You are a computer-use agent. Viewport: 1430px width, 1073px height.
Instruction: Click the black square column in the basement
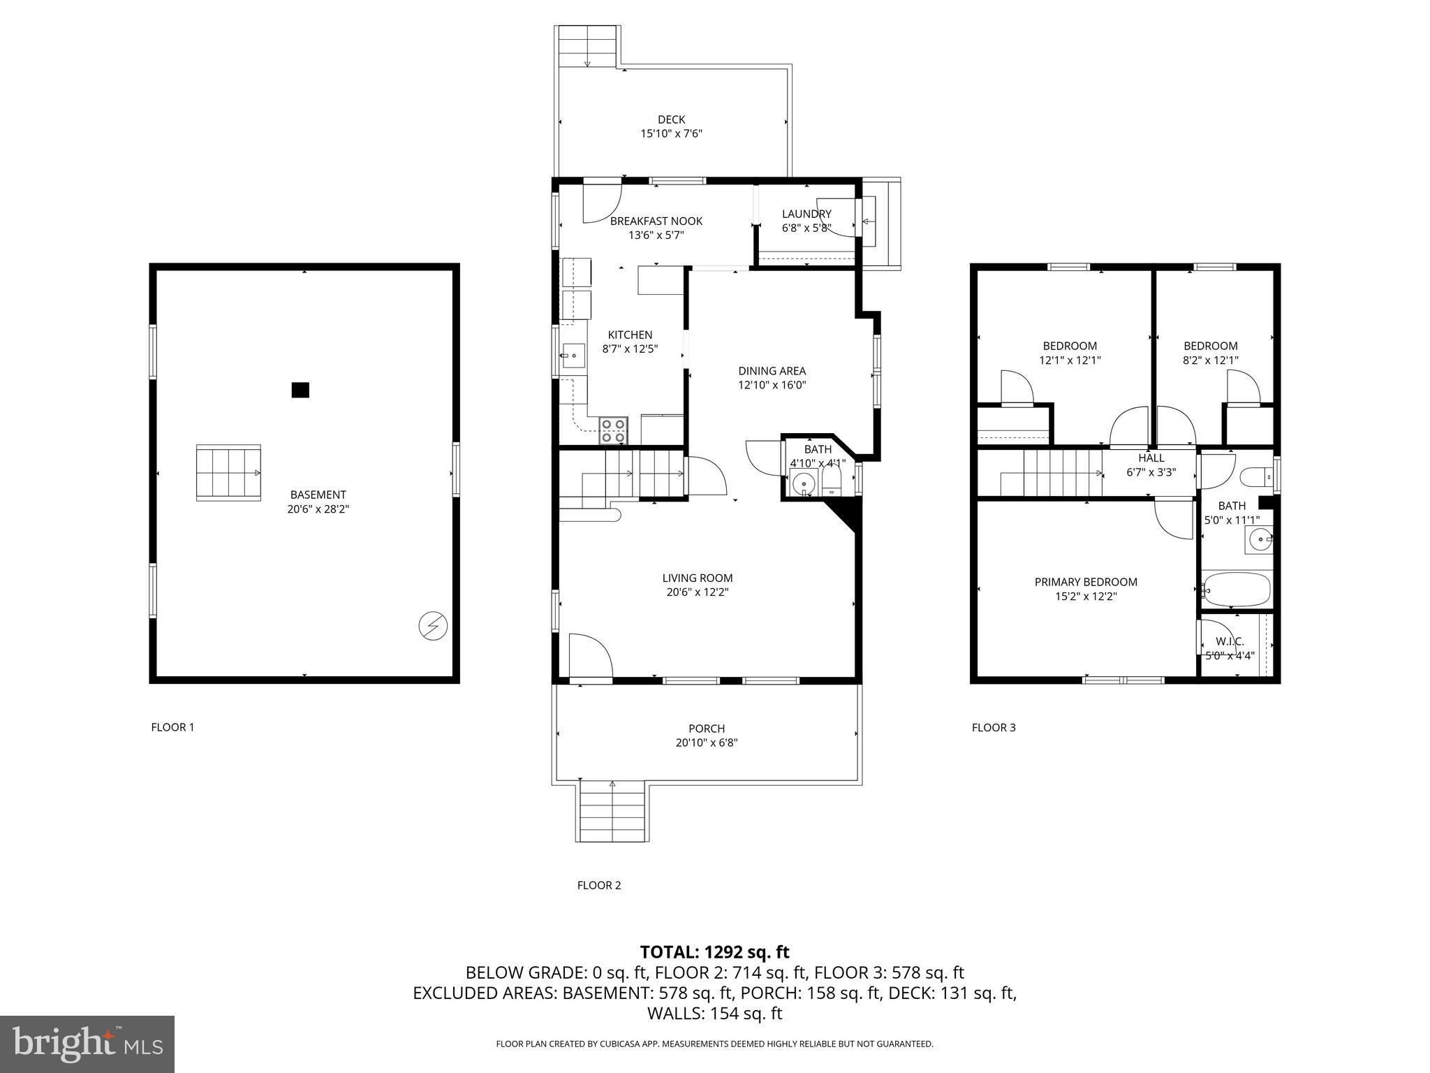(x=300, y=390)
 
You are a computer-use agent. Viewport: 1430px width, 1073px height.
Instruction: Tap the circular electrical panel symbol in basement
(x=432, y=625)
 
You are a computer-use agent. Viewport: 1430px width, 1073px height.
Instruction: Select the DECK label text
(x=671, y=119)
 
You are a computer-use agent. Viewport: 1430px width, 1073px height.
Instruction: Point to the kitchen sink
(x=574, y=356)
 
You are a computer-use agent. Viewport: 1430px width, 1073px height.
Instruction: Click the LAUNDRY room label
(x=806, y=214)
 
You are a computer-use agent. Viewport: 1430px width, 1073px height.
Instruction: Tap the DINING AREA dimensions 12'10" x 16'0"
(x=772, y=385)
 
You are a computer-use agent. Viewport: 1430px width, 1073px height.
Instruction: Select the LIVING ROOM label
(x=698, y=578)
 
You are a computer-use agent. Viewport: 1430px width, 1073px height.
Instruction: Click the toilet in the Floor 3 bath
(x=1256, y=478)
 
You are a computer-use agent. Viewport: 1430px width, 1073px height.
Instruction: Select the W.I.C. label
(x=1230, y=641)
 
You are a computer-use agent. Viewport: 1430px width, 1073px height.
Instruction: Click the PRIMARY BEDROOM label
(x=1086, y=582)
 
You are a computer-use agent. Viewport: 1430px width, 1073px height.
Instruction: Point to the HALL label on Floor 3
(x=1151, y=458)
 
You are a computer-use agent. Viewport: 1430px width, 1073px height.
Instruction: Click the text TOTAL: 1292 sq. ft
(x=714, y=951)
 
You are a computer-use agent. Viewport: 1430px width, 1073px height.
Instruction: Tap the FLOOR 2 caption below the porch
(x=598, y=885)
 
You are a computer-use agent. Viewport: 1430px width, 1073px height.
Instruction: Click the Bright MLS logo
(x=87, y=1044)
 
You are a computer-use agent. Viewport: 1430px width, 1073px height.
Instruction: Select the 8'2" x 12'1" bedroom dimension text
(x=1210, y=360)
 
